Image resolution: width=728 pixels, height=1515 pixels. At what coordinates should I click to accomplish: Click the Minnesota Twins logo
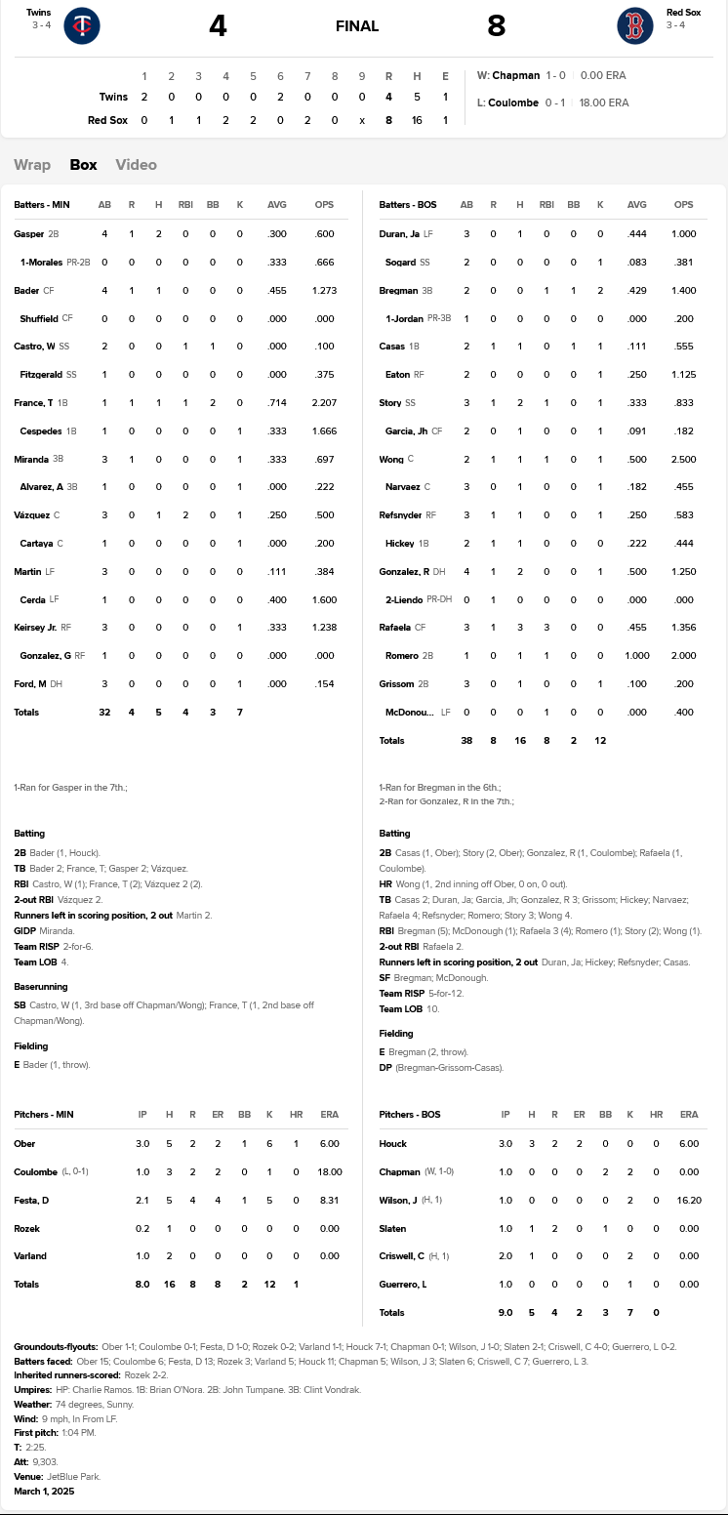pos(82,26)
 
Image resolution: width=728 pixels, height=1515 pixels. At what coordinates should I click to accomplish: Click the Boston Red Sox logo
pos(635,26)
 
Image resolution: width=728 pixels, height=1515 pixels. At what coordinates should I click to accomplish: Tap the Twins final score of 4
pos(218,26)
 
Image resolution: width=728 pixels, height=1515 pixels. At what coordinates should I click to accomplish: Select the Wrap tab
pos(32,165)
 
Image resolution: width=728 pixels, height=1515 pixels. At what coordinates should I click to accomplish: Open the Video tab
pos(136,165)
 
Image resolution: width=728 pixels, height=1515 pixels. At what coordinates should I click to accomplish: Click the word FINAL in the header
pos(357,26)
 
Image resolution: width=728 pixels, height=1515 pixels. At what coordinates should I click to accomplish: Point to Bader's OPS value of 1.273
pos(324,291)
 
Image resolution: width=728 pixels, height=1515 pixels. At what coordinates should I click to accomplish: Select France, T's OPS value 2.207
pos(324,403)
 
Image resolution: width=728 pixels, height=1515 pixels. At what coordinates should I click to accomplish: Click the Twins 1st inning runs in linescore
pos(144,97)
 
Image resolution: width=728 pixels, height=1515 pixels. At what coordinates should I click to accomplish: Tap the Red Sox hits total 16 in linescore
pos(417,120)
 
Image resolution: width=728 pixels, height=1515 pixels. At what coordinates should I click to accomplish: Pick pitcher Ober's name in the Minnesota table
pos(24,1143)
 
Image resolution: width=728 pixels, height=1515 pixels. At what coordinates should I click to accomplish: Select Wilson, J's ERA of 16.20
pos(689,1200)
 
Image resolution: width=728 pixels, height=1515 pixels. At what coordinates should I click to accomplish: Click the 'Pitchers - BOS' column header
pos(410,1115)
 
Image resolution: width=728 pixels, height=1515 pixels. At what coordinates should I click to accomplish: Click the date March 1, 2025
pos(44,1491)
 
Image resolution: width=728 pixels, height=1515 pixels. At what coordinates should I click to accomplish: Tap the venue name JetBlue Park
pos(73,1476)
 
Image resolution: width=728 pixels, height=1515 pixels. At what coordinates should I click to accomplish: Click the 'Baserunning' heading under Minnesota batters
pos(41,987)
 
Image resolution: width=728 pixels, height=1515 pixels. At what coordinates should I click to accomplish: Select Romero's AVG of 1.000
pos(636,656)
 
